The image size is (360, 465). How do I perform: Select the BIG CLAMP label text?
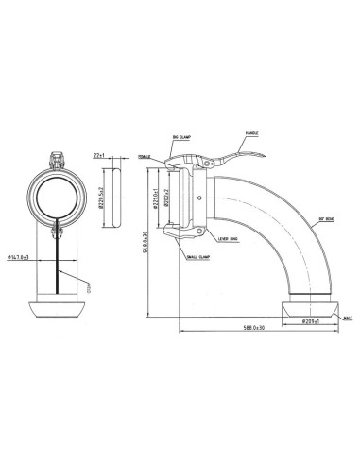(182, 139)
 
